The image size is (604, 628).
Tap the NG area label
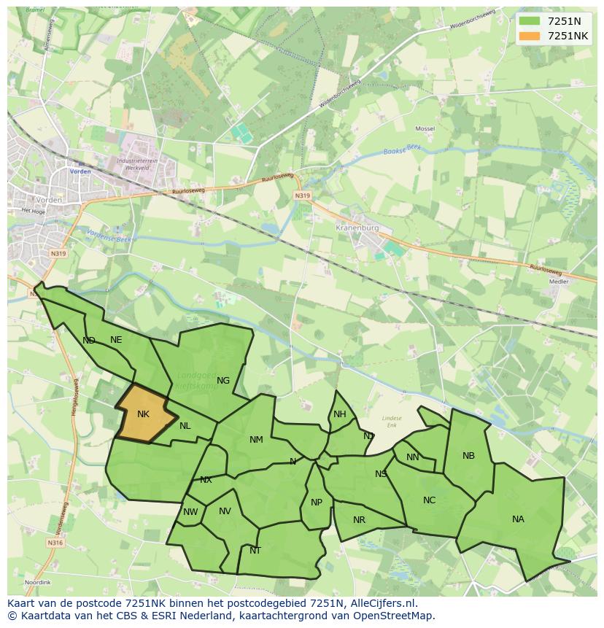223,380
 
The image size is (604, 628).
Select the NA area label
518,519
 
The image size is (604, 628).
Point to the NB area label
468,456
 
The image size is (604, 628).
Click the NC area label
429,500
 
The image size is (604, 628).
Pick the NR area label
359,520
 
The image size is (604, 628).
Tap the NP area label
316,503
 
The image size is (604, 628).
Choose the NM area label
256,440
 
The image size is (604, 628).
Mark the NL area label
185,426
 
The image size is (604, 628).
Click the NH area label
340,414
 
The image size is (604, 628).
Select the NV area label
225,511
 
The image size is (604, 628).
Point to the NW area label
190,512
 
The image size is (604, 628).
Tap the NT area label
255,551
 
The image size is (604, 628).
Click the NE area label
116,340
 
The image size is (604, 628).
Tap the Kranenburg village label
357,228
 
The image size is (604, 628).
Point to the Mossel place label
425,128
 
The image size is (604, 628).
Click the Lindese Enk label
392,421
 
